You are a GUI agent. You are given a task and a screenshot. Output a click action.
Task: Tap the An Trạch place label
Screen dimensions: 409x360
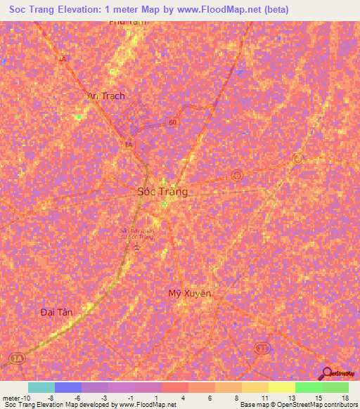(x=105, y=96)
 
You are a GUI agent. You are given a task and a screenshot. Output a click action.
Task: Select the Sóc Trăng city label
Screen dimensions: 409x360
(x=162, y=191)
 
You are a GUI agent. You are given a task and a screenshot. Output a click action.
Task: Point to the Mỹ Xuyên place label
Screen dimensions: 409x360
(x=190, y=293)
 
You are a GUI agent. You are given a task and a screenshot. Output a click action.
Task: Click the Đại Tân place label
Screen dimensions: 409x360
(x=57, y=311)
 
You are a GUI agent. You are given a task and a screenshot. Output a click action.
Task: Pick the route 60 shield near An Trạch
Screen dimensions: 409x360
(x=172, y=122)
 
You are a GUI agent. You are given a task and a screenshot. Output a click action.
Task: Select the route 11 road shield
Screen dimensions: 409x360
(x=262, y=348)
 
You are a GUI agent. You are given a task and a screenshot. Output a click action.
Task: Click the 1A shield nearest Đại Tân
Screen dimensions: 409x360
(x=16, y=359)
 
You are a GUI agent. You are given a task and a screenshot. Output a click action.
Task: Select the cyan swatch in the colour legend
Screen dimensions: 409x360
(x=41, y=388)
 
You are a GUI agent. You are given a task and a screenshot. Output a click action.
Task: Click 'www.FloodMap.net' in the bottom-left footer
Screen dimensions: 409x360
(x=148, y=405)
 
